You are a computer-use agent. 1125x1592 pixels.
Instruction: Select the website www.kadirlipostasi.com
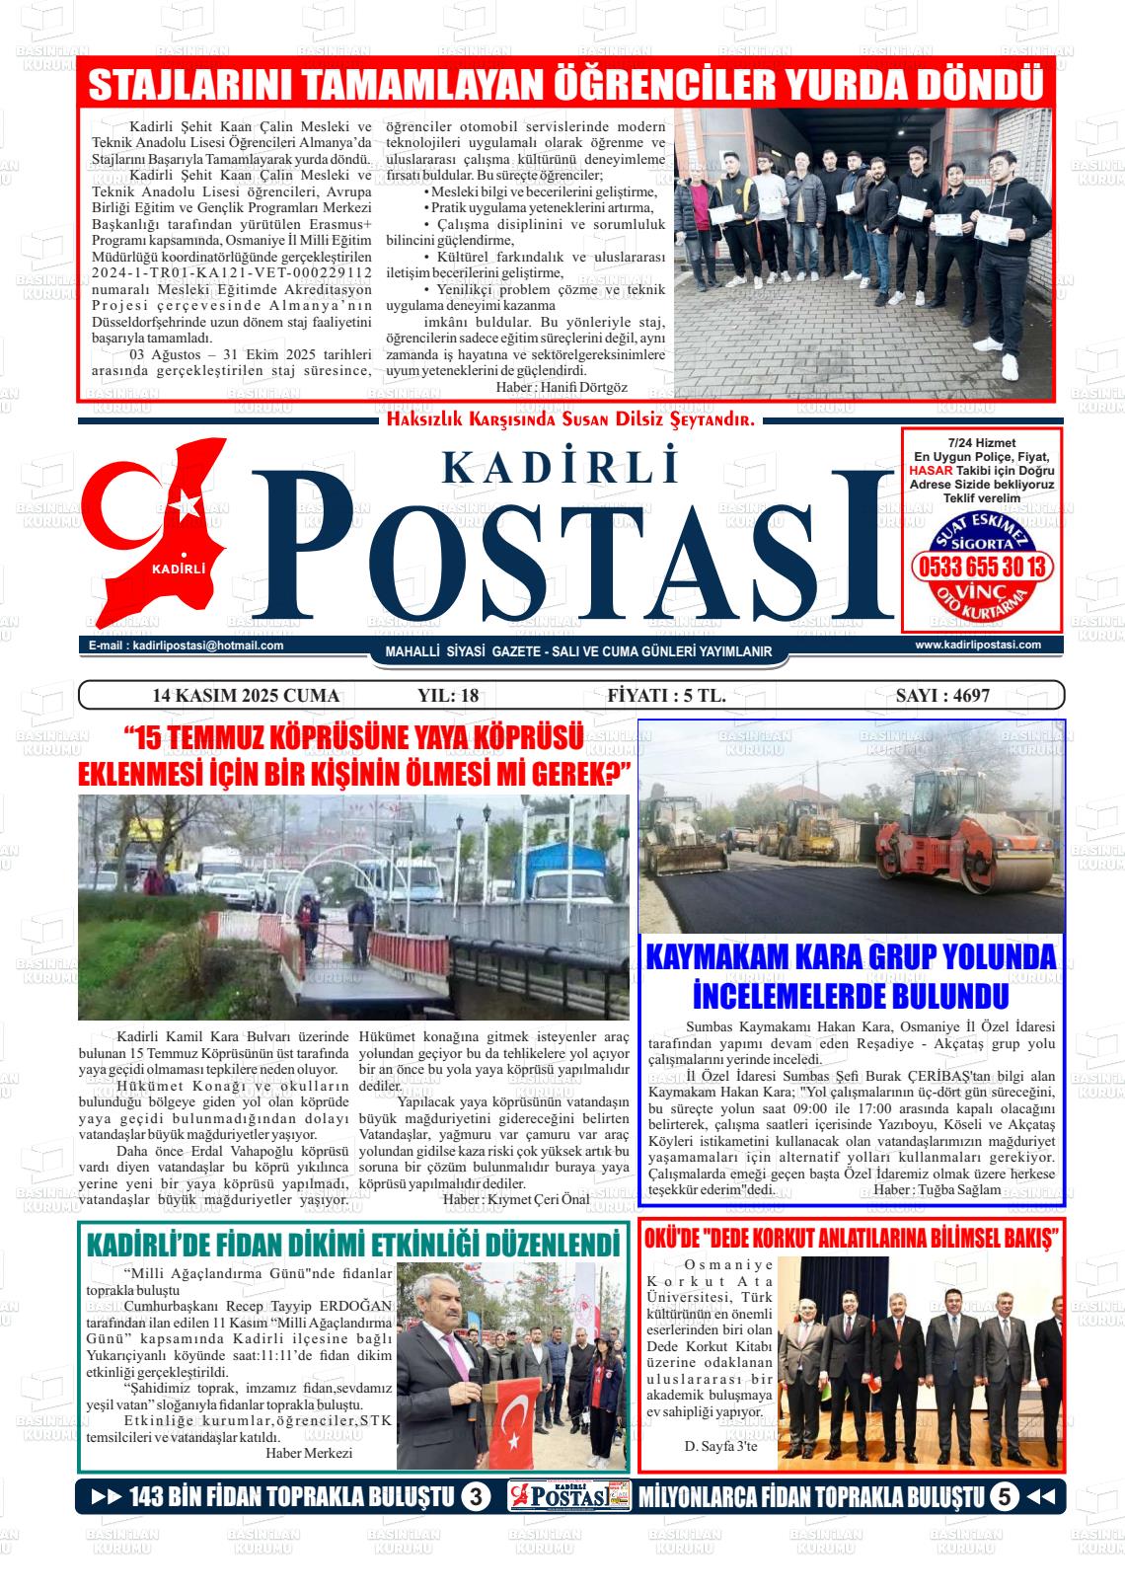pos(978,644)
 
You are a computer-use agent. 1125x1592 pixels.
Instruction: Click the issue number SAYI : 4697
pos(941,695)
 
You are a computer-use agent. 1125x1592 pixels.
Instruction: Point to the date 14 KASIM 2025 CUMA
pos(246,695)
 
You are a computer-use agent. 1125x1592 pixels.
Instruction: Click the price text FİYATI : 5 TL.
pos(666,695)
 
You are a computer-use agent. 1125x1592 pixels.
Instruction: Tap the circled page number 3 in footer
pos(476,1497)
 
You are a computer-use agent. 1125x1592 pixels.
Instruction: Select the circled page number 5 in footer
pos(1004,1497)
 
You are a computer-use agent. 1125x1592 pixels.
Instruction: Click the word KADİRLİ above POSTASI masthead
pos(562,465)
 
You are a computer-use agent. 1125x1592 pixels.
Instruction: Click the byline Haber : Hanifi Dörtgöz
pos(562,388)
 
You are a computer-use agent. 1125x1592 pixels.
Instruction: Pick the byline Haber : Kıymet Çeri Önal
pos(516,1199)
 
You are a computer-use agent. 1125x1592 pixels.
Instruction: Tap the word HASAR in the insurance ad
pos(929,471)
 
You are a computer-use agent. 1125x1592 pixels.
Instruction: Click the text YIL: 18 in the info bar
pos(448,695)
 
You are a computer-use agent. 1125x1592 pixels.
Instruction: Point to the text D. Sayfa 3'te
pos(720,1446)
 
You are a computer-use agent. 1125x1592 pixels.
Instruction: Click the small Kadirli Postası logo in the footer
pos(569,1497)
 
